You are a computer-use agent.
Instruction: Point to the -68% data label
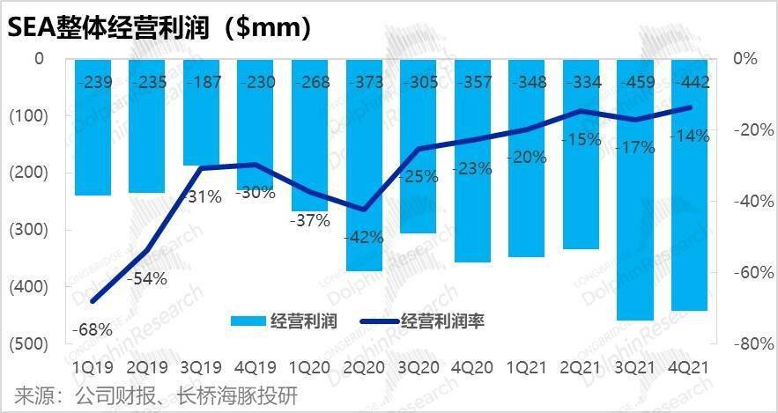92,330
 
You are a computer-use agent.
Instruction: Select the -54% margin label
146,279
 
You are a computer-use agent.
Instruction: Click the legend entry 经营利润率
442,321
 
